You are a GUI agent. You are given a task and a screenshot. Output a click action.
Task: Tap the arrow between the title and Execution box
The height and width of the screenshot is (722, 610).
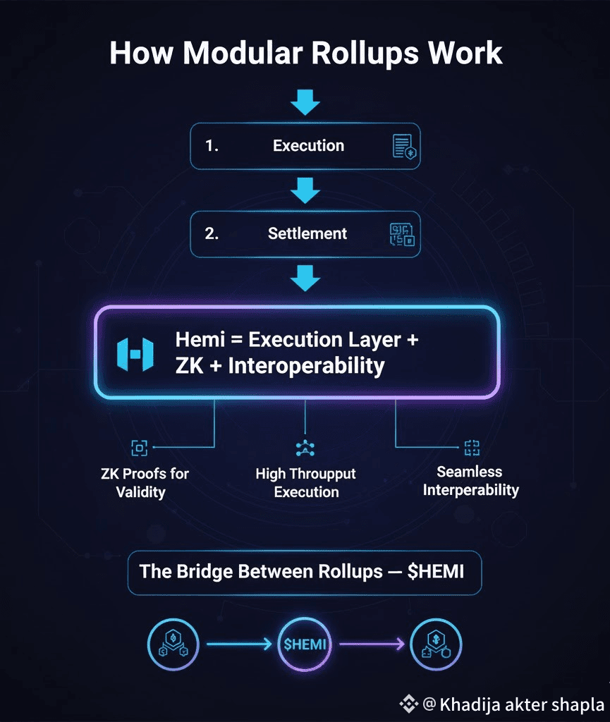point(305,103)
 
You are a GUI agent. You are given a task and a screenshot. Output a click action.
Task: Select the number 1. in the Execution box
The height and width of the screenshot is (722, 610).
point(212,146)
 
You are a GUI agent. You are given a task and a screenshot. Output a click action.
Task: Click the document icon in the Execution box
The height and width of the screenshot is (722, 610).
point(403,147)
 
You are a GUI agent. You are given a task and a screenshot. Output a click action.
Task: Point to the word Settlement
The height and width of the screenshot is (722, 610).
point(307,233)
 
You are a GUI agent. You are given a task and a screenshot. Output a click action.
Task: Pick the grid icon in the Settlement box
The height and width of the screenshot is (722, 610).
point(403,234)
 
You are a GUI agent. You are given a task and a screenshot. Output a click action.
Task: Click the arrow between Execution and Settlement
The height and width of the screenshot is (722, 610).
point(305,190)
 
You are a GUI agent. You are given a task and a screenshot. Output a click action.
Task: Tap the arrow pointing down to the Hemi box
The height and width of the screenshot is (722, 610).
point(305,278)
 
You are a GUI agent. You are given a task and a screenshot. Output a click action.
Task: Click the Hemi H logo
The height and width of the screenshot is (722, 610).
point(135,354)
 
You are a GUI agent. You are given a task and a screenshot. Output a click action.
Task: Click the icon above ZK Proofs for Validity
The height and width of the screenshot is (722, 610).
point(140,447)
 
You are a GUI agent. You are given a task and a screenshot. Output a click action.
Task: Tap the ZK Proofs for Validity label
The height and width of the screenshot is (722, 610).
point(145,482)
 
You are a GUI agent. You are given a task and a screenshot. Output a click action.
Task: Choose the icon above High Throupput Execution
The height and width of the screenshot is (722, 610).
point(306,448)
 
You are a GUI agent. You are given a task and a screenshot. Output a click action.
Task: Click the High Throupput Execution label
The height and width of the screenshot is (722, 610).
point(306,482)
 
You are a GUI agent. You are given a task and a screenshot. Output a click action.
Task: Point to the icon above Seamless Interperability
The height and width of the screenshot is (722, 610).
point(471,446)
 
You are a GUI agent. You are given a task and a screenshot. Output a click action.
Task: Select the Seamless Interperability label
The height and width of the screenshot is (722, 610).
point(470,480)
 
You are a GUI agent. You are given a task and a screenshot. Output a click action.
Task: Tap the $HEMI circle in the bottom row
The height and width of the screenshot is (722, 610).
point(306,643)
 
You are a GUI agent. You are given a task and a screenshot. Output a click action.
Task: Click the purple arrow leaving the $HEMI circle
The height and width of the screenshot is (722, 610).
point(371,643)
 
